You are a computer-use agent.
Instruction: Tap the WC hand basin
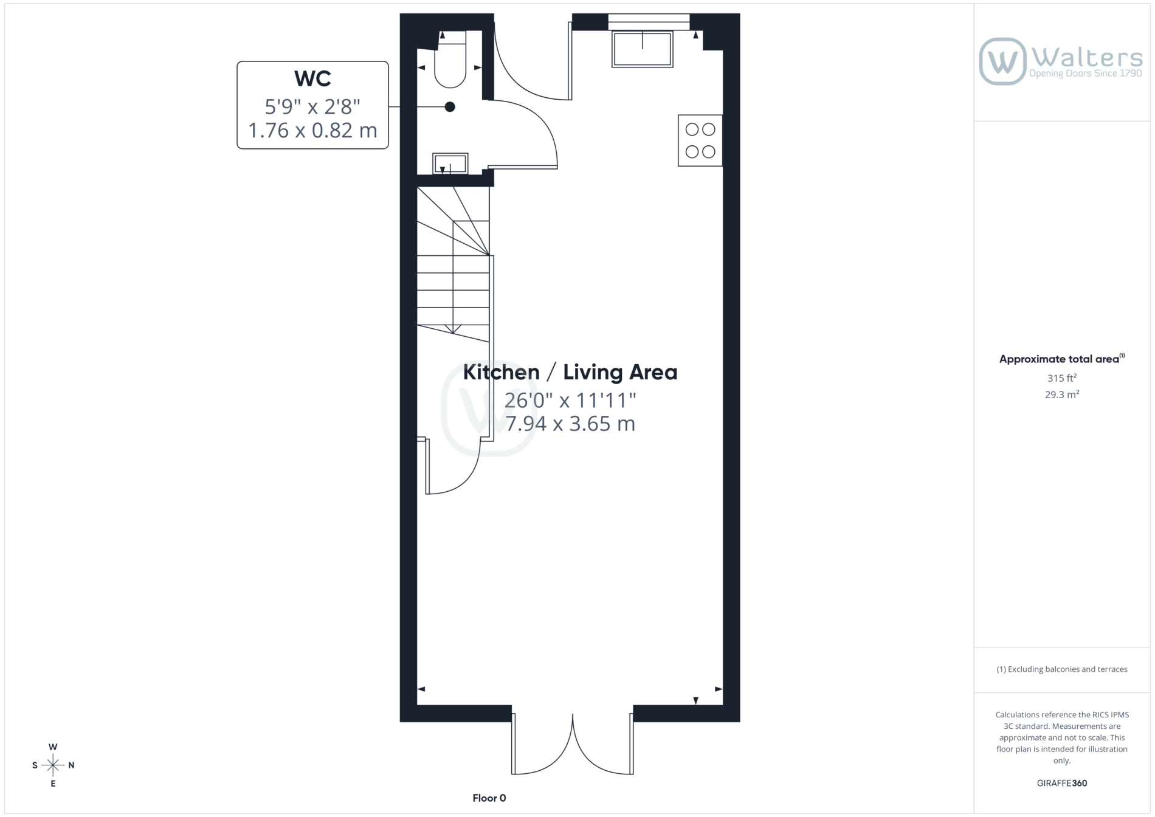450,164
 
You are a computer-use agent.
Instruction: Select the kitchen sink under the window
643,49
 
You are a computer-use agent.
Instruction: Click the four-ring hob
700,140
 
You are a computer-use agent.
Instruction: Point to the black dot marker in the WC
450,107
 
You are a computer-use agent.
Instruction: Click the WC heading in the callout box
312,78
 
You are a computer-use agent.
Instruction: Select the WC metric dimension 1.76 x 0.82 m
312,130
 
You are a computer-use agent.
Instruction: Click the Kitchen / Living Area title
570,372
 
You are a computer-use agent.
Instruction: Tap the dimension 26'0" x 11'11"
570,400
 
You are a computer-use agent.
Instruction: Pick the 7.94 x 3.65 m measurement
570,424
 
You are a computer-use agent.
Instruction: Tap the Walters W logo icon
1002,61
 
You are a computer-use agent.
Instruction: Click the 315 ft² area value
1061,377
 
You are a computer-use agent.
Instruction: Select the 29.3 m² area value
1062,395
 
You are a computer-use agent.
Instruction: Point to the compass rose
53,765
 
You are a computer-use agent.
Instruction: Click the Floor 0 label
489,798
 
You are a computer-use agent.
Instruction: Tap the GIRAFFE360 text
1062,783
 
